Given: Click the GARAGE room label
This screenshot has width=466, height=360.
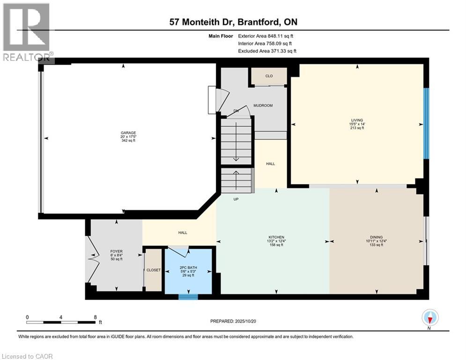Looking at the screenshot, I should coord(128,133).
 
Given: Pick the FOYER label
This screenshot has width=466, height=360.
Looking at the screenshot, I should coord(116,251).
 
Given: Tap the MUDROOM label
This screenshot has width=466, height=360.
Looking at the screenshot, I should coord(263,105).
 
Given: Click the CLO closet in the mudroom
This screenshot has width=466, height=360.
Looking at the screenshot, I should coord(269,75).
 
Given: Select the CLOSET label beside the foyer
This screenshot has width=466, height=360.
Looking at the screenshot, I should coord(154,270).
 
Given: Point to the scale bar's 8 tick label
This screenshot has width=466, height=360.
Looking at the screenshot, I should coord(95,316).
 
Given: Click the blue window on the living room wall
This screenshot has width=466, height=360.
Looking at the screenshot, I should coord(426,124).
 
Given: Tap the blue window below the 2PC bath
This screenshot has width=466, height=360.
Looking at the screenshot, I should coord(189,296).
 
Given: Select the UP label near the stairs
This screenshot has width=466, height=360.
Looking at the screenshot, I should coord(237,199).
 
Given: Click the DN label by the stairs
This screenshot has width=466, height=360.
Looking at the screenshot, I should coord(236,111).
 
